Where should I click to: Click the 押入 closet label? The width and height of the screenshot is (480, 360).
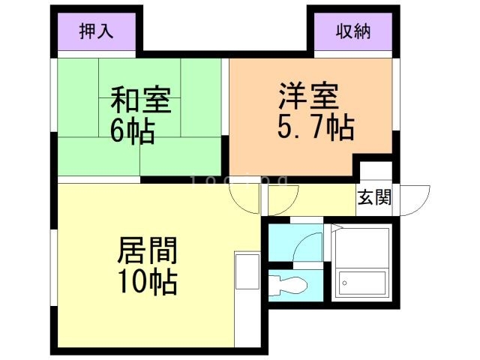pos(97,31)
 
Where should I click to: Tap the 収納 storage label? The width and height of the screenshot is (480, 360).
pos(353,31)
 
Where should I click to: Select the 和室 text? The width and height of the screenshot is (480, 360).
pos(141,100)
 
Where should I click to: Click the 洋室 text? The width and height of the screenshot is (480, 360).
pos(308,96)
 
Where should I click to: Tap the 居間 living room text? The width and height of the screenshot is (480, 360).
pos(148,250)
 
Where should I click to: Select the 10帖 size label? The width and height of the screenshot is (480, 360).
pos(148,281)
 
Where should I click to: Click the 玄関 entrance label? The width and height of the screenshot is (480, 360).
pos(375,197)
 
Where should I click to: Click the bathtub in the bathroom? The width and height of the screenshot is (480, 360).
pos(362,283)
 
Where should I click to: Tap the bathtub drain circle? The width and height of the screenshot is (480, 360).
pos(345,283)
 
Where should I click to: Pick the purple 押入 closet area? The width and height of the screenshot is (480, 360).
pos(97,31)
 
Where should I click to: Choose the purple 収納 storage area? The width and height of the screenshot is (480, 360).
pos(353,31)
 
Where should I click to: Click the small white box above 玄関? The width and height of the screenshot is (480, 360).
pos(376,171)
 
